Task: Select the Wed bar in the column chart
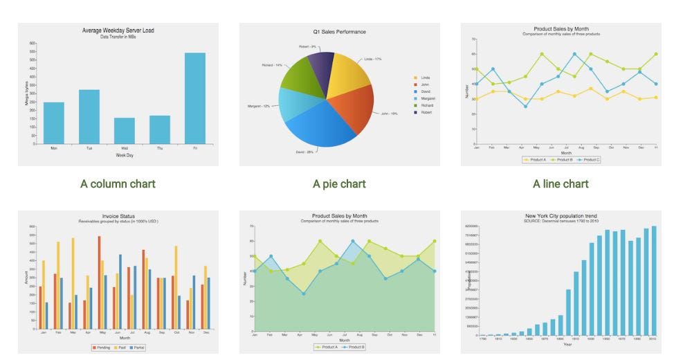coord(124,131)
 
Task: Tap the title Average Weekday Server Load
coord(118,30)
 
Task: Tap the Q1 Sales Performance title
coord(339,32)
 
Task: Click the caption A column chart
coord(118,183)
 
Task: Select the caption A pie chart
coord(339,183)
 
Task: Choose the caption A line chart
coord(561,183)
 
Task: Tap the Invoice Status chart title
coord(118,216)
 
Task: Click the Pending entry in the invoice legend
coord(102,347)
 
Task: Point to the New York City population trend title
coord(561,216)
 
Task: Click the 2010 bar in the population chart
coord(653,280)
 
